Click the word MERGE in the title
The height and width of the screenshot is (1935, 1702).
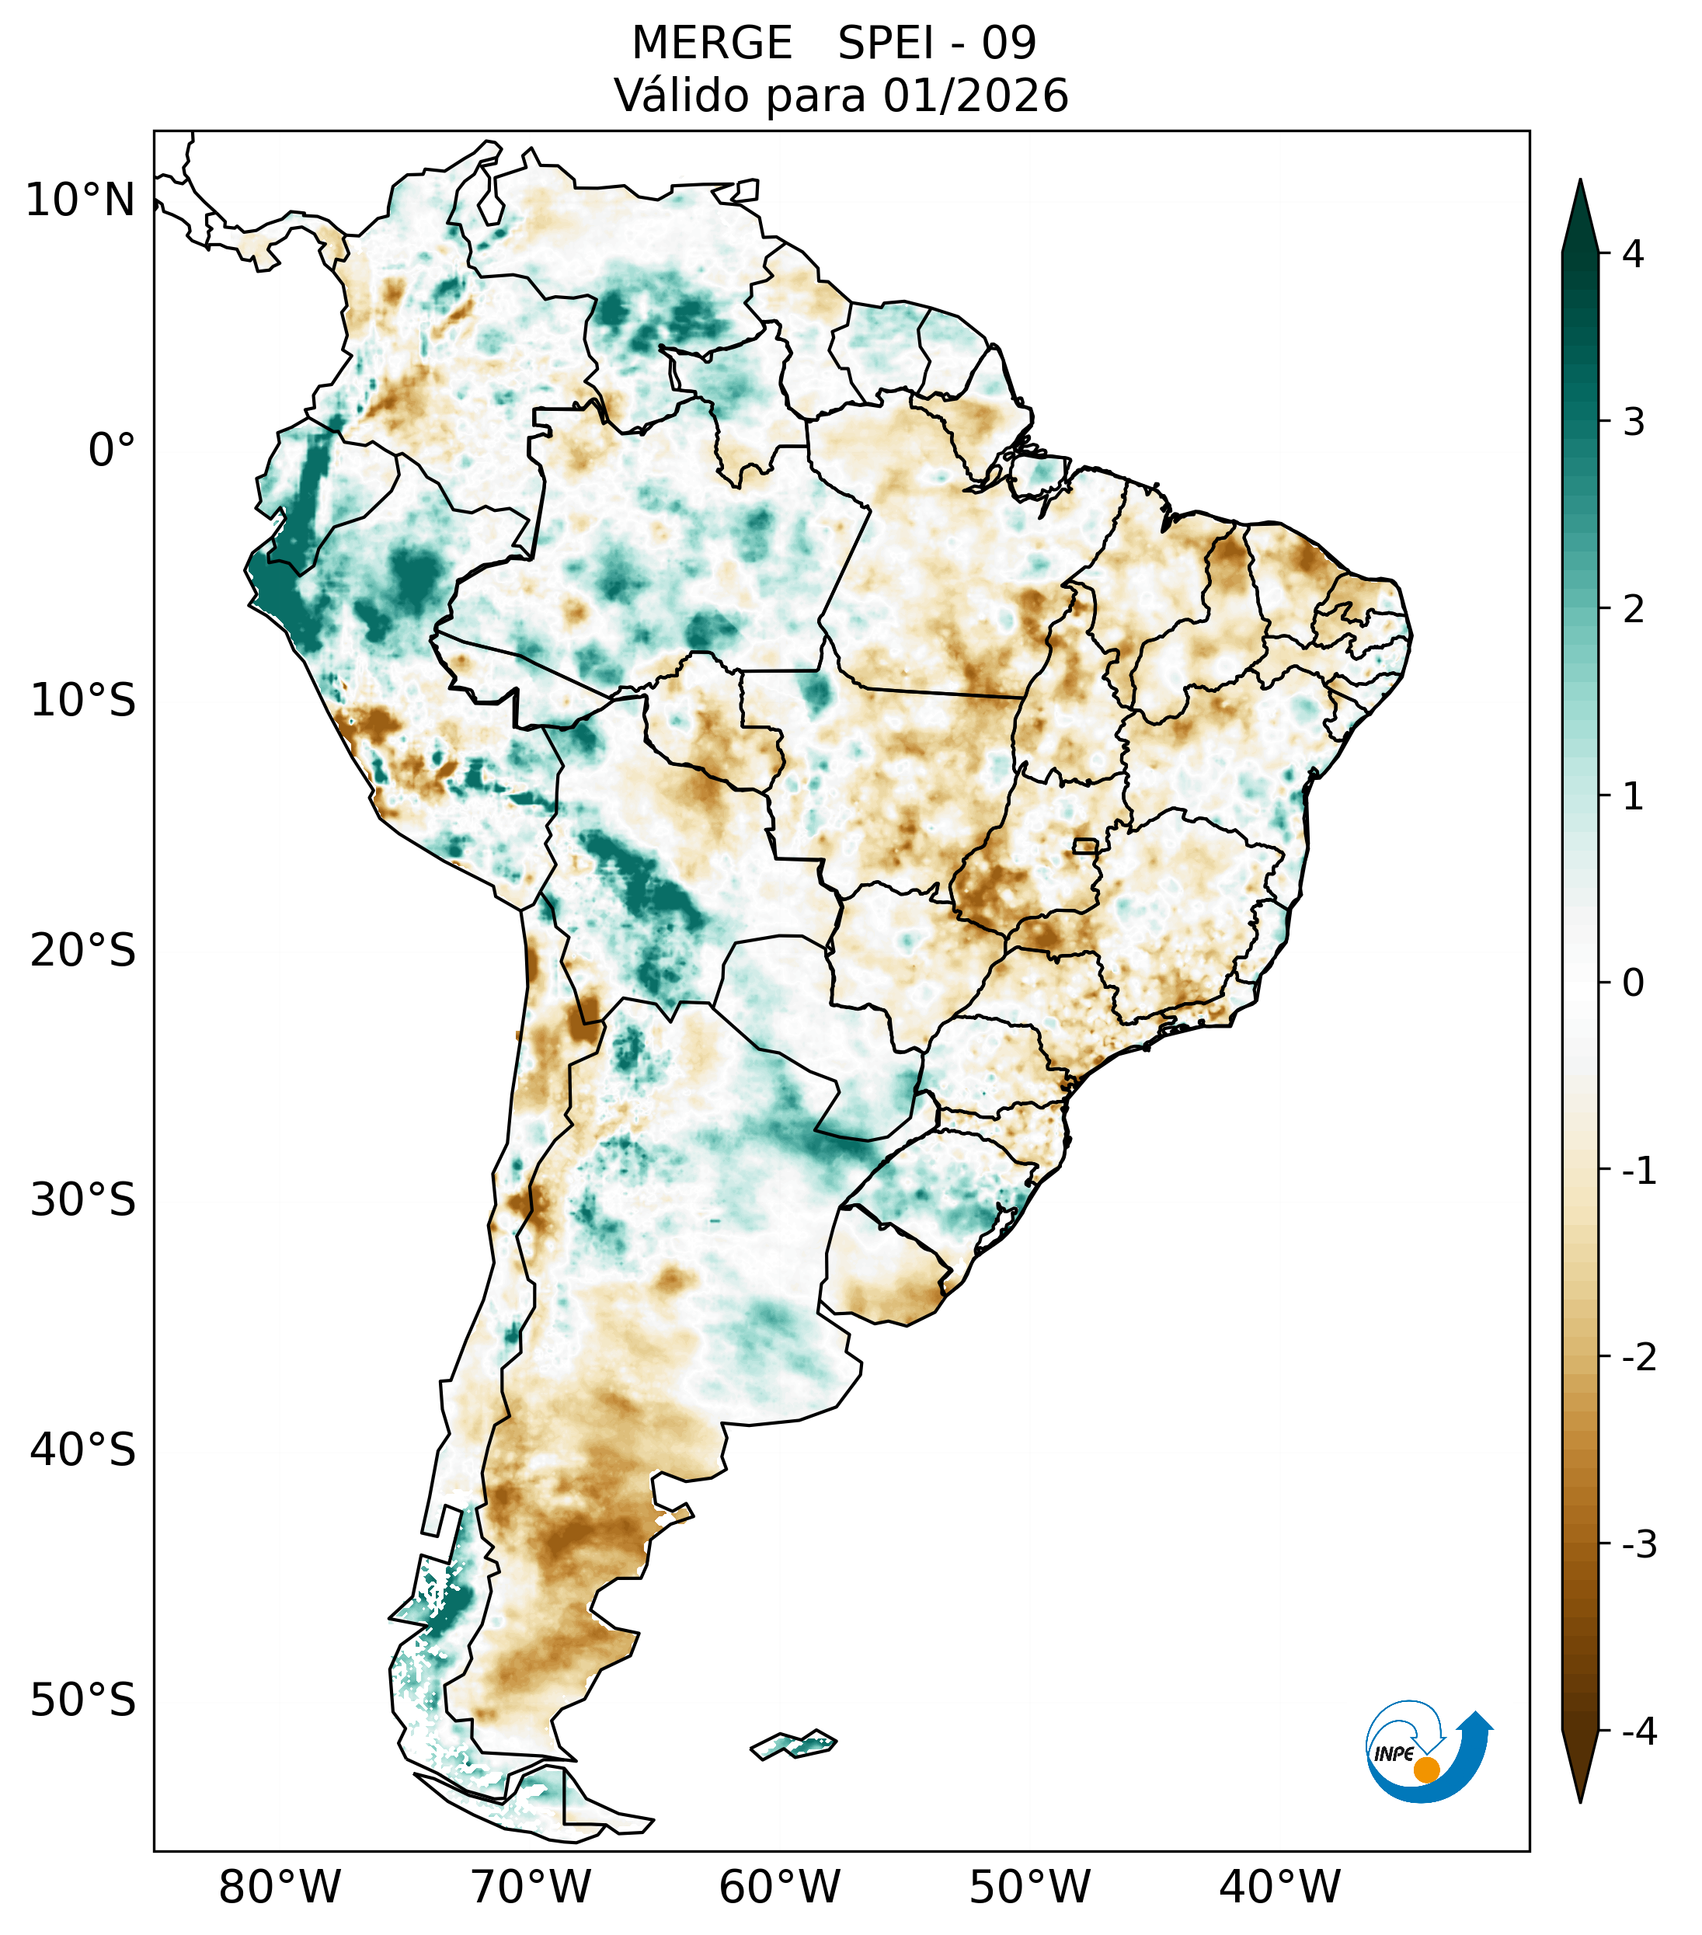coord(711,44)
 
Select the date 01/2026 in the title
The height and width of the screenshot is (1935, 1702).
coord(975,96)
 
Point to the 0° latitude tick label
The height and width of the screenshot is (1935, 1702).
coord(112,451)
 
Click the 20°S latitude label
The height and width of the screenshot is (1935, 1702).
coord(83,951)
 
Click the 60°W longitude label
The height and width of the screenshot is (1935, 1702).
coord(779,1888)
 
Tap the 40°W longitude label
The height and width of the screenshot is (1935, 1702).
coord(1280,1888)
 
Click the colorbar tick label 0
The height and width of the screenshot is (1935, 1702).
coord(1633,983)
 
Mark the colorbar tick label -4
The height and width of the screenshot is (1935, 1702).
coord(1638,1732)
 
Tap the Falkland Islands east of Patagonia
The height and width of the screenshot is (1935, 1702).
coord(793,1744)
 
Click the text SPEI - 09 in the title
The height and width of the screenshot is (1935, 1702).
coord(937,44)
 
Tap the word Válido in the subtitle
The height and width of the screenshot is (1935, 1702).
coord(675,96)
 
